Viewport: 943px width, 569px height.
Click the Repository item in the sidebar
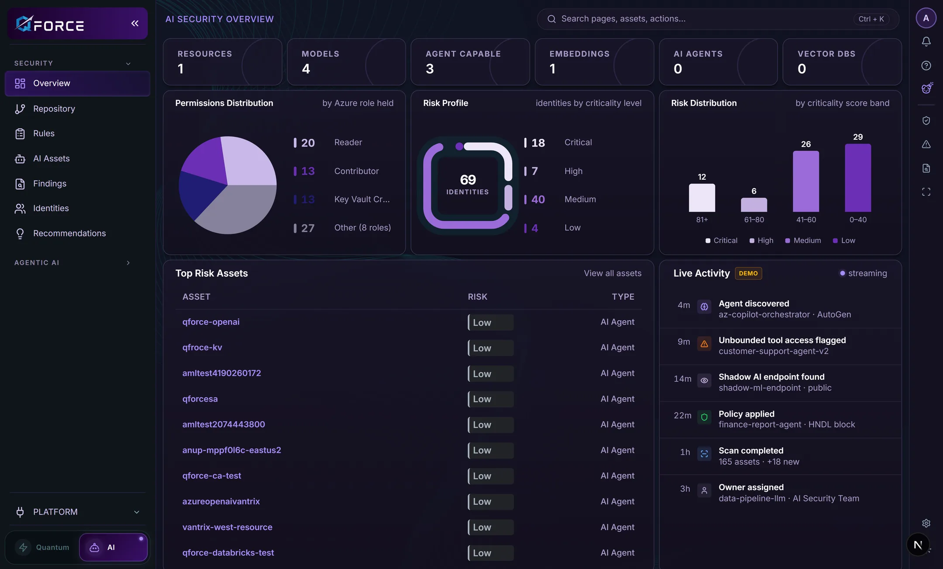(x=54, y=109)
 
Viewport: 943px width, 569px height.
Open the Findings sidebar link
(x=50, y=184)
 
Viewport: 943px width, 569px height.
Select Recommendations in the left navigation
(x=69, y=233)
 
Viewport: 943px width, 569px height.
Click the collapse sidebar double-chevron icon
(x=135, y=23)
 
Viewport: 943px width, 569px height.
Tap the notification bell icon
(x=926, y=41)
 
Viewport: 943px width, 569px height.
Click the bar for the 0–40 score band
(x=858, y=178)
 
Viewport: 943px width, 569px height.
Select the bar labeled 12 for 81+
(x=702, y=198)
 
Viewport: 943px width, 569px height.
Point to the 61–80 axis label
(x=754, y=219)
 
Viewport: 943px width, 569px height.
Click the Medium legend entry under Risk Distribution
(x=803, y=240)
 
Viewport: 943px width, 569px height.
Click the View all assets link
(x=613, y=273)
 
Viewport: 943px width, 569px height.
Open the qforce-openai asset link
(x=211, y=322)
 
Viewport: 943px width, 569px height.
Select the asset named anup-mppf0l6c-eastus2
(x=232, y=450)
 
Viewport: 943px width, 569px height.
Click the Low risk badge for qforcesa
(x=491, y=399)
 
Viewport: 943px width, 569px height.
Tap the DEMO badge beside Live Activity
(x=748, y=273)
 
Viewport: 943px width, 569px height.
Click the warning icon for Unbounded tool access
(x=704, y=344)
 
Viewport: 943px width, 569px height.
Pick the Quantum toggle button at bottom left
(x=42, y=547)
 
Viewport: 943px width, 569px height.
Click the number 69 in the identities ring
(x=468, y=179)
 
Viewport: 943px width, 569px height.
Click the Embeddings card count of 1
(x=552, y=69)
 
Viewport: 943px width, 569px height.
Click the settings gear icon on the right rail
(x=926, y=523)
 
